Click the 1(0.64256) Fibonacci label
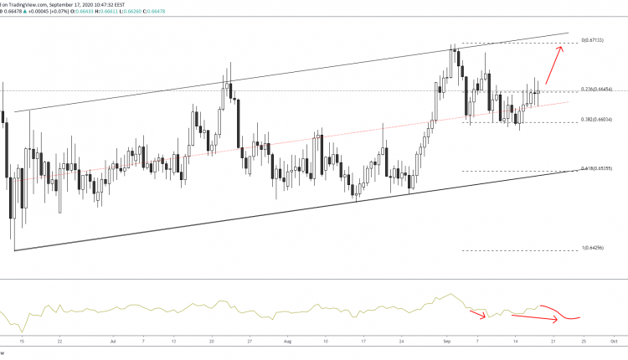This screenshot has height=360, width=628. coord(595,249)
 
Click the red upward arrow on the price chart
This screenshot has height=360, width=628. coord(553,63)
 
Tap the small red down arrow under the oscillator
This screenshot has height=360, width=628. coord(479,316)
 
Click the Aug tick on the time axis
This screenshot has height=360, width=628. coord(288,342)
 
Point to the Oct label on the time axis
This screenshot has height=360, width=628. coord(614,342)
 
